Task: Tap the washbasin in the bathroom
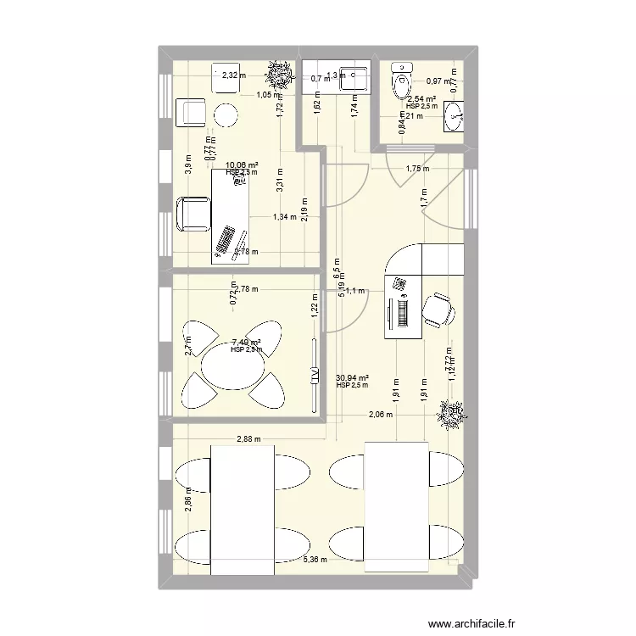click(455, 117)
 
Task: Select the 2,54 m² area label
click(421, 98)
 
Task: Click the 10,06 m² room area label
click(242, 165)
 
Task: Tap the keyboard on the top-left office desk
click(227, 237)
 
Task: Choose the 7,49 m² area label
click(246, 343)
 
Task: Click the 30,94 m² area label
click(352, 378)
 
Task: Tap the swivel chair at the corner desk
click(438, 309)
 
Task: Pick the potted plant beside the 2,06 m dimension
click(449, 414)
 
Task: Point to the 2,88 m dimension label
click(249, 439)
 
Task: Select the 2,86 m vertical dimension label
click(189, 504)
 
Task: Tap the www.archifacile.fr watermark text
click(472, 624)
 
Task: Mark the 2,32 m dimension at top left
click(233, 75)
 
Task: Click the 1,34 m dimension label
click(285, 217)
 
